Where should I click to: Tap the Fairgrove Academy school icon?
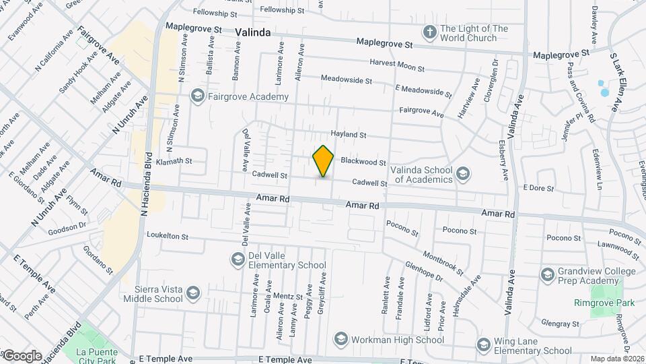[197, 96]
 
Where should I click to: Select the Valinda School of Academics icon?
[462, 174]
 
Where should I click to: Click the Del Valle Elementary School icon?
[237, 260]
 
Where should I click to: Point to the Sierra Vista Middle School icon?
[193, 293]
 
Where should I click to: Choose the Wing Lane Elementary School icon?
[482, 345]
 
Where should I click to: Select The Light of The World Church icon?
[429, 32]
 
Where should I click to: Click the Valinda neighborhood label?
[253, 32]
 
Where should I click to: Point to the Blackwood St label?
[363, 162]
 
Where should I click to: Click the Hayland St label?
[348, 135]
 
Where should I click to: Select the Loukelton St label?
[167, 237]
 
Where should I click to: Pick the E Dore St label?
[538, 187]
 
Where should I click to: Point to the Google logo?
[22, 355]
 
